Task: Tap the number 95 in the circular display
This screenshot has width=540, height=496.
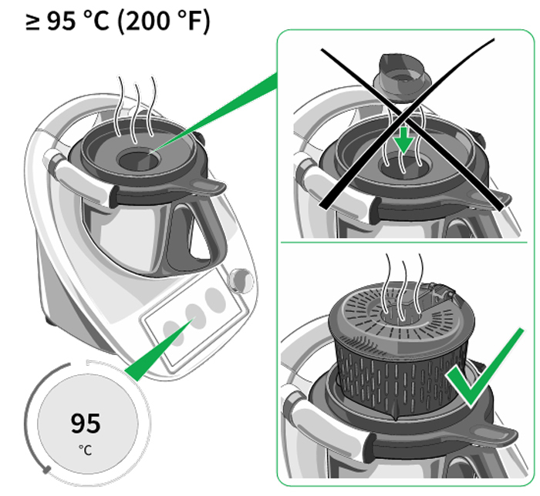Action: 85,423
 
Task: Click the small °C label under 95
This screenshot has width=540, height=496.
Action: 85,449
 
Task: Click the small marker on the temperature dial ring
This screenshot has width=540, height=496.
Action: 48,468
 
